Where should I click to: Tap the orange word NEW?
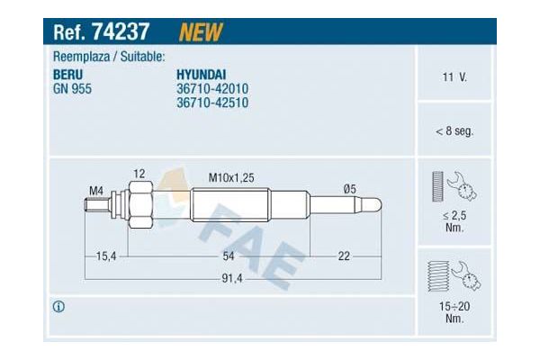click(x=201, y=33)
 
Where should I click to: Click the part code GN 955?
click(x=73, y=89)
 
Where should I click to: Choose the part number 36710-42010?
click(x=211, y=89)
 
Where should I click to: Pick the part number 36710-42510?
click(x=211, y=103)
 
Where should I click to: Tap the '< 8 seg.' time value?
click(x=454, y=130)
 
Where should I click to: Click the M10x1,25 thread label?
click(x=231, y=178)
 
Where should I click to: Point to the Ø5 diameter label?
click(x=349, y=188)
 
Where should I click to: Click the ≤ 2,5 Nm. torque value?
click(x=454, y=222)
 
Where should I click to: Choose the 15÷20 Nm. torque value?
click(x=454, y=312)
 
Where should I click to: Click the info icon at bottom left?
click(x=59, y=307)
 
